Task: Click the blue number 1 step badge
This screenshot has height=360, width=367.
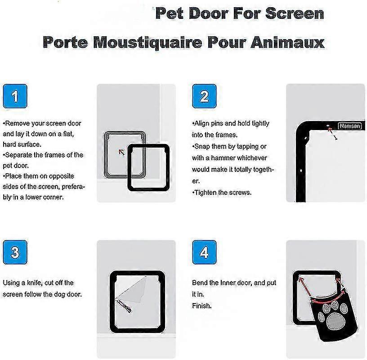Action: [15, 96]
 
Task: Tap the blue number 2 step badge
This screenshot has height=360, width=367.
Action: [204, 96]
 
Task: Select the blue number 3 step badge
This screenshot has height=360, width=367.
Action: [15, 252]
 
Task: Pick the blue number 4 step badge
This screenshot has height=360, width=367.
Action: [204, 252]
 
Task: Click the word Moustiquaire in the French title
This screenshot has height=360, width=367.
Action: [148, 43]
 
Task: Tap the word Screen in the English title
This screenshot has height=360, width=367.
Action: [295, 13]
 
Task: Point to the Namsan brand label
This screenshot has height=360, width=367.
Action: [350, 126]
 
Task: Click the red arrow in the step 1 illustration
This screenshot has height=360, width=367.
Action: [121, 152]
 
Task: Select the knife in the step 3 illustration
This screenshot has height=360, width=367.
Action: [124, 306]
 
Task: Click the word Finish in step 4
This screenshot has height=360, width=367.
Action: [202, 306]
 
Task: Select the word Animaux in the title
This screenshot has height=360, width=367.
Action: [287, 42]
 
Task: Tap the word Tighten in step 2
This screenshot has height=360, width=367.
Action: [205, 193]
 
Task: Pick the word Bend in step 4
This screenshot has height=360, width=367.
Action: [199, 283]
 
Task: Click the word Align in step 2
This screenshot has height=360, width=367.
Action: [202, 124]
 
